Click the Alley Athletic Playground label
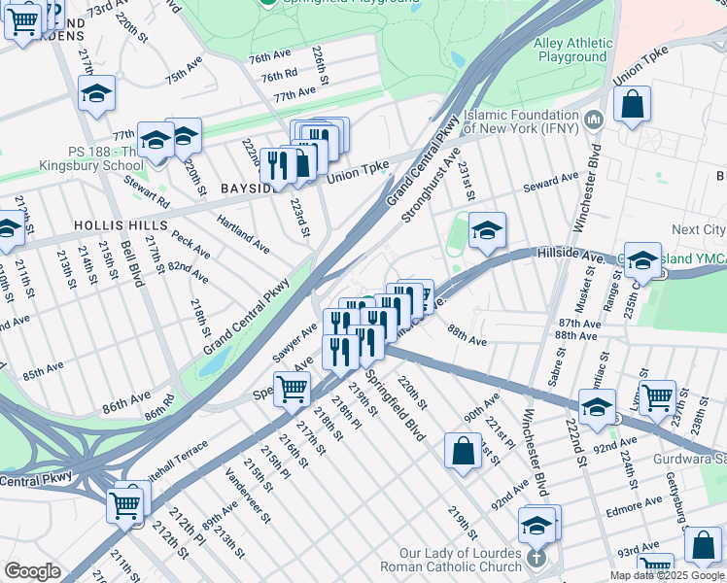click(x=574, y=51)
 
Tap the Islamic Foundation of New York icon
click(x=595, y=119)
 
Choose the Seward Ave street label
click(x=549, y=183)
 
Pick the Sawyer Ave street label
click(x=295, y=344)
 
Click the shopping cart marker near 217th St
click(x=292, y=389)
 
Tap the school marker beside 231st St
click(x=487, y=230)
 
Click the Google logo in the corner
click(x=32, y=571)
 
